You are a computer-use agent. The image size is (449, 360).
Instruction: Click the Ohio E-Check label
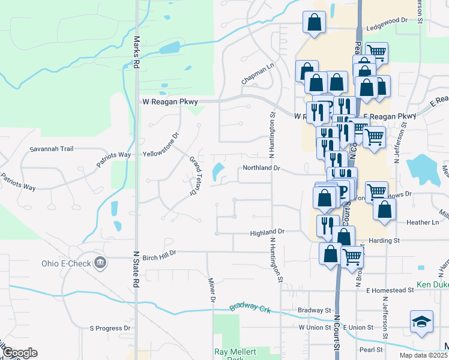[67, 263]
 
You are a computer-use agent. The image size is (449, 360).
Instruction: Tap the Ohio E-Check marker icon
[100, 263]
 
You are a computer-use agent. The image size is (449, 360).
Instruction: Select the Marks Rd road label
[136, 52]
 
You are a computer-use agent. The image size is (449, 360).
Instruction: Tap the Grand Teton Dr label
[193, 175]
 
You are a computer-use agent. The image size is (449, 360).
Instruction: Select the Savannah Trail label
[51, 149]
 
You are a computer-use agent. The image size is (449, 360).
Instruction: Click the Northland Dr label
[261, 169]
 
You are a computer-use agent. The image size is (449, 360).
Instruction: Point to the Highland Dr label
[267, 231]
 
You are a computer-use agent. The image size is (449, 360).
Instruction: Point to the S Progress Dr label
[110, 328]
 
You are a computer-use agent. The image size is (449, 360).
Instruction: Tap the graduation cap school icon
[421, 322]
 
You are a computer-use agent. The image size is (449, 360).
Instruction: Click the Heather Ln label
[423, 223]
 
